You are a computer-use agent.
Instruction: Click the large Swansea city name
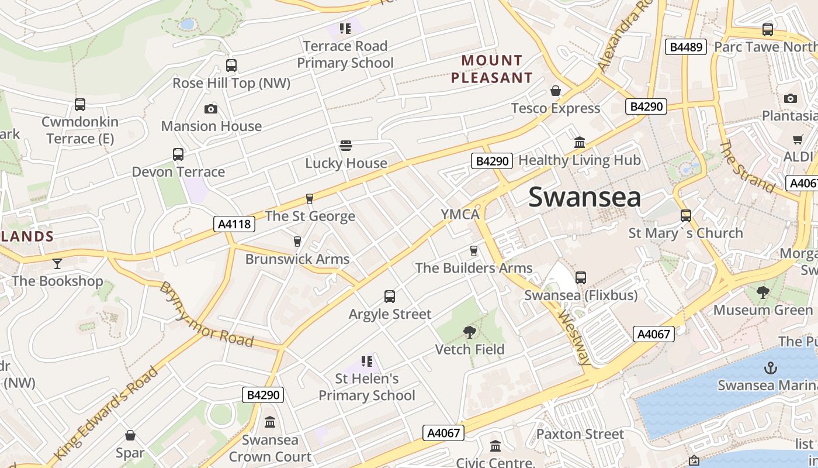584,198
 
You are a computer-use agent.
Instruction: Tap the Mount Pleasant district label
492,69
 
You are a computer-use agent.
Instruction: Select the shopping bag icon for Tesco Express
556,91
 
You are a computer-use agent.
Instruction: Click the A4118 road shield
234,223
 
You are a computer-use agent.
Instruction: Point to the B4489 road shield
686,47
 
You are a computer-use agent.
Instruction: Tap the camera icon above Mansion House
211,109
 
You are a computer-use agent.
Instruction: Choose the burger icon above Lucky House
346,146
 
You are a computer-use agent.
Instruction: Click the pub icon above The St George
310,199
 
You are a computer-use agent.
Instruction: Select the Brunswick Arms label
297,259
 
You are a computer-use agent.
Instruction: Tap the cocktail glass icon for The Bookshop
57,264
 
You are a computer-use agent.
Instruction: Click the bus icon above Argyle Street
390,297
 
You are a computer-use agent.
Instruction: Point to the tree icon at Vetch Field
469,332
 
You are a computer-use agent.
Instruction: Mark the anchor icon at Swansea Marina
771,368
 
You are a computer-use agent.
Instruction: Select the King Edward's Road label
106,413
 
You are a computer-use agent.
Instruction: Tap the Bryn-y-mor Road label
207,314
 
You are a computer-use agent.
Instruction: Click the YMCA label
460,214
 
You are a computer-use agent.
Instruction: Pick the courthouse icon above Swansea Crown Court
270,422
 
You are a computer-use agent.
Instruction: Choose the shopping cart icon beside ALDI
798,139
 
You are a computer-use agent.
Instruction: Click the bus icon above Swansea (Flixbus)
581,278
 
